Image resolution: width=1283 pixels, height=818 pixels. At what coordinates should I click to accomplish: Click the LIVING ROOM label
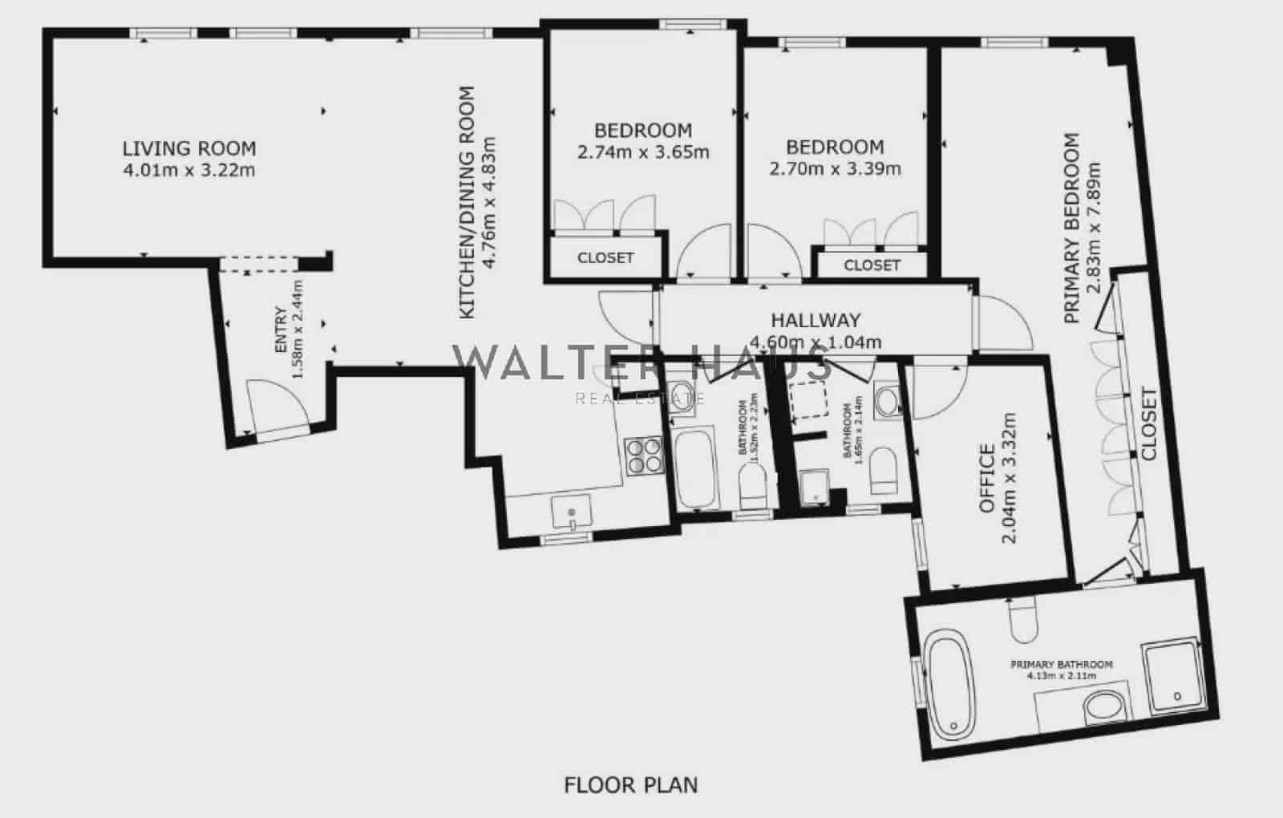[x=189, y=148]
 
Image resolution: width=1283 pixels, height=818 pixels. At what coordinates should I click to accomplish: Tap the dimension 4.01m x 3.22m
[x=189, y=170]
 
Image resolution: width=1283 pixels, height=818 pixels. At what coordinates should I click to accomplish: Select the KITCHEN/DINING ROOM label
[x=467, y=202]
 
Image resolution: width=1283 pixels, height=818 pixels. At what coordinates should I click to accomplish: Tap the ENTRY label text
[x=281, y=330]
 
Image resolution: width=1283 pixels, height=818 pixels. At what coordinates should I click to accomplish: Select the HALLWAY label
[x=816, y=320]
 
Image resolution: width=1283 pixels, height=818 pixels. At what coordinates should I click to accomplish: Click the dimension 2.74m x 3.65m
[x=643, y=152]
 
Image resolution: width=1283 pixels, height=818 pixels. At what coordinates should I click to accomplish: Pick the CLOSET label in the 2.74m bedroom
[x=605, y=258]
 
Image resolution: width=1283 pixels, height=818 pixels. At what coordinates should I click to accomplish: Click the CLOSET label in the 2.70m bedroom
[x=872, y=265]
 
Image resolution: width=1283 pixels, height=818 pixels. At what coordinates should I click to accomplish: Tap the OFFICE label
[x=987, y=479]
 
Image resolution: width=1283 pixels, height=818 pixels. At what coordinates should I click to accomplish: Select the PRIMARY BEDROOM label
[x=1071, y=229]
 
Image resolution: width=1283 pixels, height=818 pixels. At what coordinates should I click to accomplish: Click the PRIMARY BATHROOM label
[x=1061, y=664]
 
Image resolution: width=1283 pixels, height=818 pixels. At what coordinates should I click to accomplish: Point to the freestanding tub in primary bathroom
[x=950, y=682]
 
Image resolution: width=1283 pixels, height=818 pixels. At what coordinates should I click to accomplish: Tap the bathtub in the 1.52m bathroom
[x=694, y=468]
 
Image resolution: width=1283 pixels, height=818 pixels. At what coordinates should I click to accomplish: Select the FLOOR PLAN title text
[x=631, y=784]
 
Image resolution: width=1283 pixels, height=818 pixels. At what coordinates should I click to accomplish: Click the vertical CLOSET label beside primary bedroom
[x=1149, y=424]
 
